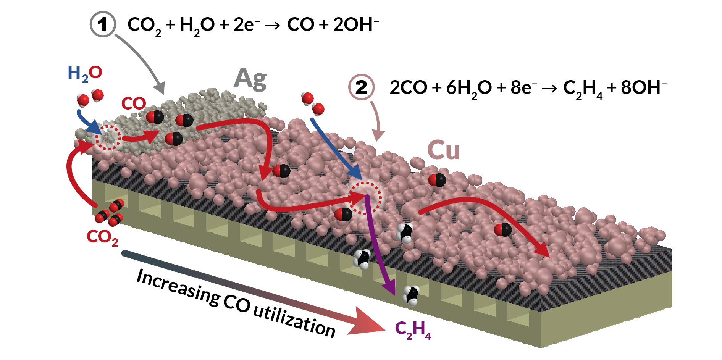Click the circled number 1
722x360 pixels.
[103, 24]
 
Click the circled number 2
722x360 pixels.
[361, 87]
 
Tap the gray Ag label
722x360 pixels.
[250, 79]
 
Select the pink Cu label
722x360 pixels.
[443, 150]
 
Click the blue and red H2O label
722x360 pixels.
[85, 73]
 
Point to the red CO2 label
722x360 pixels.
[102, 237]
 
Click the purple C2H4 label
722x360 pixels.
[412, 330]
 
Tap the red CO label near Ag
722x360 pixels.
[134, 103]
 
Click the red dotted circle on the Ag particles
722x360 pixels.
[108, 137]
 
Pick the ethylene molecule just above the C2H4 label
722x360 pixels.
[411, 295]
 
